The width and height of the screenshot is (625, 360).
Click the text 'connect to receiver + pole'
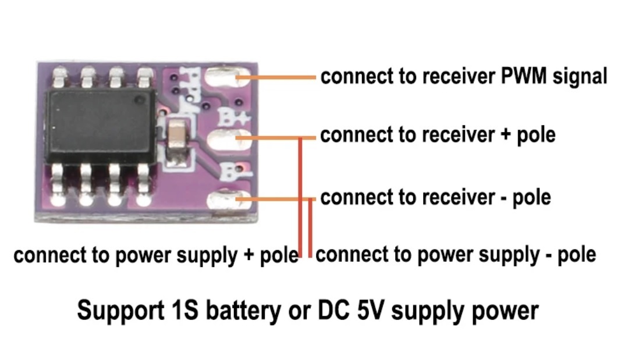tap(438, 136)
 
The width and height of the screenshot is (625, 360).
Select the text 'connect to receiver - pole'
tap(435, 198)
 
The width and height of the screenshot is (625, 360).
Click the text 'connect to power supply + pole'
tap(155, 255)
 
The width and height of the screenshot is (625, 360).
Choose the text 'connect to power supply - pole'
tap(456, 255)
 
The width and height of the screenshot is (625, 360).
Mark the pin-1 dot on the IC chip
tap(140, 101)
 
